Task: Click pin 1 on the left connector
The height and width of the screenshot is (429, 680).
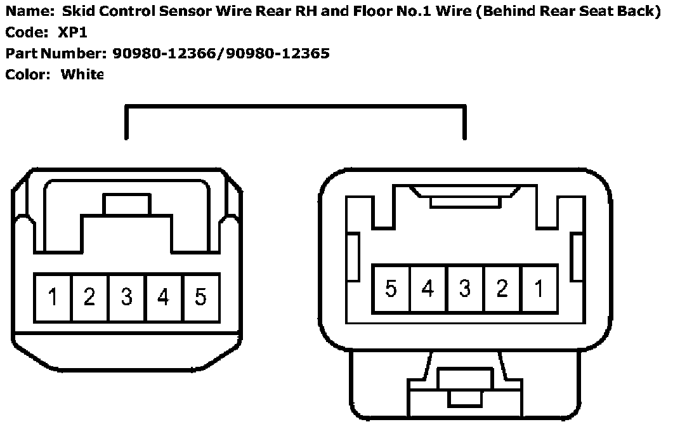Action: click(53, 297)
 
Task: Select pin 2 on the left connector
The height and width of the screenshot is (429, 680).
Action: click(89, 297)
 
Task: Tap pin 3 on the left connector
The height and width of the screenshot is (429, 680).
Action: click(127, 297)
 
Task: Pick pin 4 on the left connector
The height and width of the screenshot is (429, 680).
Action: click(164, 297)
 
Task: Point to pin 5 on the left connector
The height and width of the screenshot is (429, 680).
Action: click(200, 297)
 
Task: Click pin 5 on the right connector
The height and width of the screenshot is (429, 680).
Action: click(391, 289)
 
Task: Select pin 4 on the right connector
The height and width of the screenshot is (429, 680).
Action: click(428, 289)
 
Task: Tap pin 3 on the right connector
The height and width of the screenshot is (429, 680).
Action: click(465, 289)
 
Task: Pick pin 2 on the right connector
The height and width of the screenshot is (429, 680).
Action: click(502, 289)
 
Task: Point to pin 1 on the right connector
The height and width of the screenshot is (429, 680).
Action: click(539, 289)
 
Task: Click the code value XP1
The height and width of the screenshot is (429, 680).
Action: click(72, 32)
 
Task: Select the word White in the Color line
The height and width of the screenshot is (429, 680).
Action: click(82, 74)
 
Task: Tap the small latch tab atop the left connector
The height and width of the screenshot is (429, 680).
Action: click(128, 204)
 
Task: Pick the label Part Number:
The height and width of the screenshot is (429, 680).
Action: click(55, 53)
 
